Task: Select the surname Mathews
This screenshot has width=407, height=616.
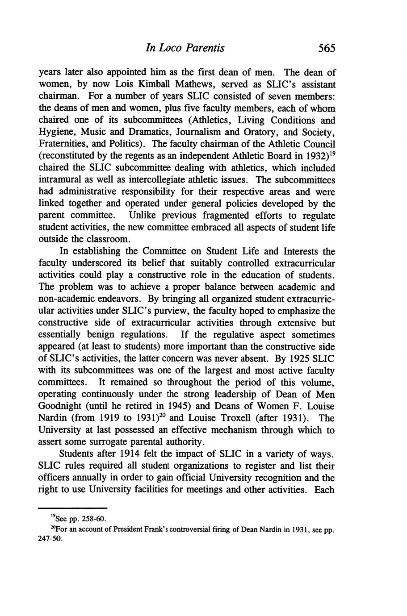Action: (176, 84)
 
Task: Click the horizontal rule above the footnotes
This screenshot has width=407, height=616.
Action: (73, 508)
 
